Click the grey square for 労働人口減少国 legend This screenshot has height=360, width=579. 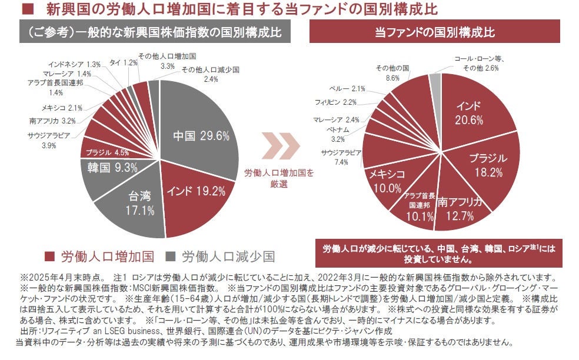171,256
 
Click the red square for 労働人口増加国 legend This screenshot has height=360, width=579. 51,256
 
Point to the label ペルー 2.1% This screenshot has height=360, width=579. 350,89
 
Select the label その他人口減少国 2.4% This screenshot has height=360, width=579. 210,74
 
